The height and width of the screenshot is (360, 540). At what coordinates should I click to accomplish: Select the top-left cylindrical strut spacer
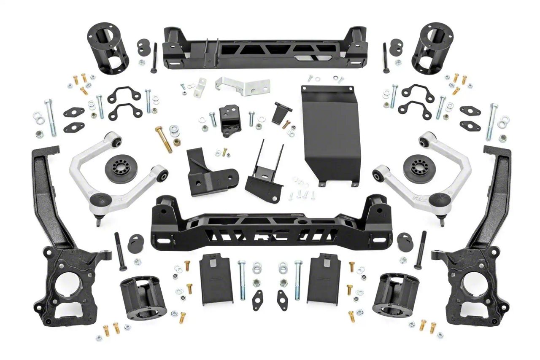[x=105, y=48]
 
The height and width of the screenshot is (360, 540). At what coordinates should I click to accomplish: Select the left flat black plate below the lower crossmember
[x=216, y=279]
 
